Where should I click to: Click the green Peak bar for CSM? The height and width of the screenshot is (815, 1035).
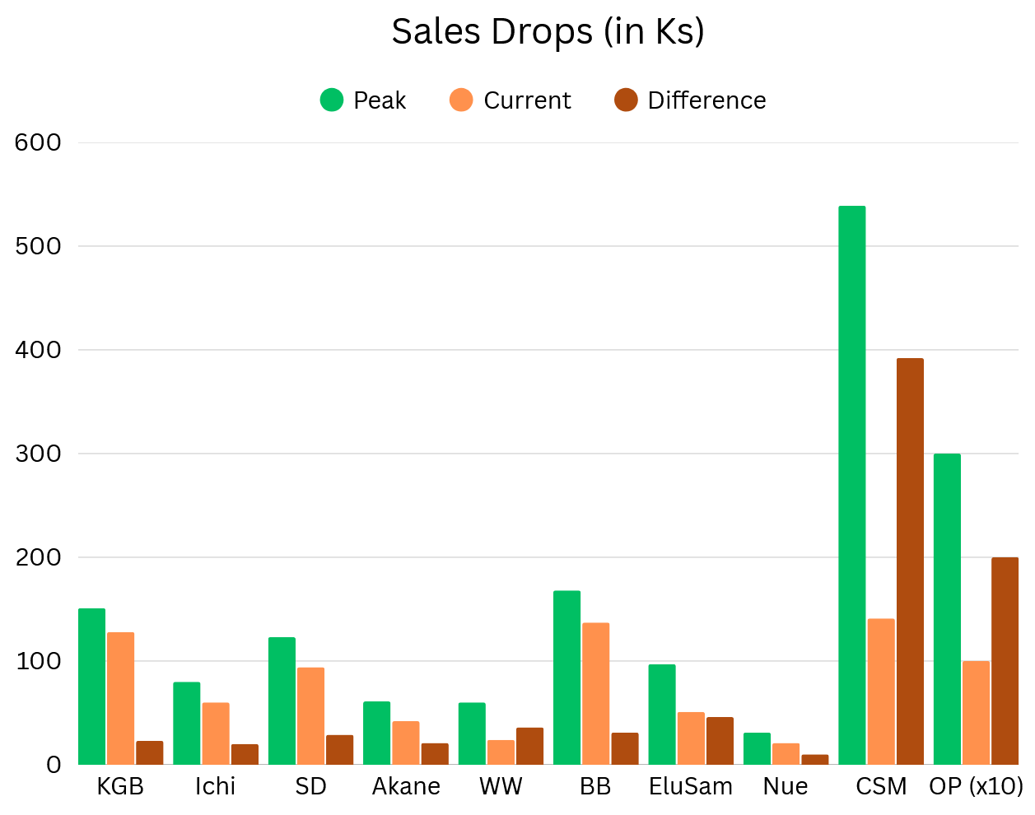point(851,485)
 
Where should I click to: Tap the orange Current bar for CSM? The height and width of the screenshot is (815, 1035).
point(881,692)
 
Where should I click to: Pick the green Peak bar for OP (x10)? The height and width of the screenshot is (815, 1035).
point(947,609)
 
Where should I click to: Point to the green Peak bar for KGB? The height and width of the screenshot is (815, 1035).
point(91,687)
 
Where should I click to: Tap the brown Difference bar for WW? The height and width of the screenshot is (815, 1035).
point(529,746)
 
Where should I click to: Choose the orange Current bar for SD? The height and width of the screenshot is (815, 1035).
point(310,716)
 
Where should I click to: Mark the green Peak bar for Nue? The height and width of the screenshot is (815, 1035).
point(757,749)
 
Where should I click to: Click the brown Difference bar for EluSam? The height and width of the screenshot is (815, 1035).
point(720,741)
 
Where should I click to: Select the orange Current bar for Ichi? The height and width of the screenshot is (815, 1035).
point(216,733)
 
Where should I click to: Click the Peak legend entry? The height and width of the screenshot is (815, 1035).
point(363,100)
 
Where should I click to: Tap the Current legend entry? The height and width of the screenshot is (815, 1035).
point(511,100)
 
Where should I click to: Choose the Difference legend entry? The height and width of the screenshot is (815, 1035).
point(690,100)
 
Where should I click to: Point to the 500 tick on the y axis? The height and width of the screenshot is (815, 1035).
point(38,246)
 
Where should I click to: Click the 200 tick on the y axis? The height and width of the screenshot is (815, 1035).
point(38,557)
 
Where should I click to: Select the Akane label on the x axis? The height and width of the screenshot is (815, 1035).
point(406,787)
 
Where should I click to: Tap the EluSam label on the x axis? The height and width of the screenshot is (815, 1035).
point(691,787)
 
